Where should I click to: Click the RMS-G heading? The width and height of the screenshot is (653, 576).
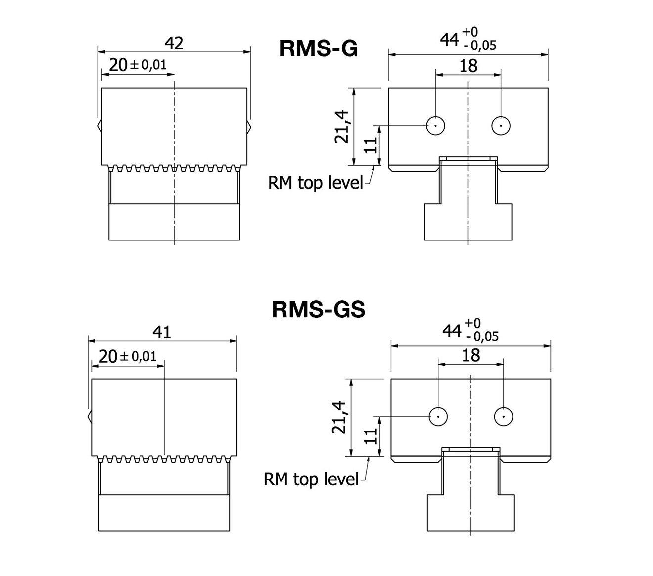click(x=318, y=49)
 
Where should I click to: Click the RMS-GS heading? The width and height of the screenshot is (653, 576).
click(x=318, y=310)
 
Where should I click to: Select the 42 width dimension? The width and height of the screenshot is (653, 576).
click(x=174, y=44)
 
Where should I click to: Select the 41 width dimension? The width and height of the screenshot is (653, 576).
click(x=162, y=332)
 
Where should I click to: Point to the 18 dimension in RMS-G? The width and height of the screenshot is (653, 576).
click(x=468, y=65)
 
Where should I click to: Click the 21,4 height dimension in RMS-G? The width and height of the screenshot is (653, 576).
click(x=342, y=126)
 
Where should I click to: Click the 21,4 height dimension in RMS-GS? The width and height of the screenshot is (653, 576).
click(x=340, y=417)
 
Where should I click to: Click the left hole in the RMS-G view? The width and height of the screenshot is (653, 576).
click(x=435, y=126)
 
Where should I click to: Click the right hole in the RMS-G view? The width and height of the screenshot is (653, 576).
click(x=501, y=126)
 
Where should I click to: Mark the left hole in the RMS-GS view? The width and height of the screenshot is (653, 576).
click(x=438, y=416)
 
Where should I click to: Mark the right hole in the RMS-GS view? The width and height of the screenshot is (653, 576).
click(x=503, y=416)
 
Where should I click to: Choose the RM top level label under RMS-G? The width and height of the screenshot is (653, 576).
click(x=315, y=183)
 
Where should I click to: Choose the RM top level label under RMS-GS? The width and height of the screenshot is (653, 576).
click(x=311, y=479)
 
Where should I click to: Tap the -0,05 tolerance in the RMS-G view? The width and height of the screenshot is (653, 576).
click(x=479, y=46)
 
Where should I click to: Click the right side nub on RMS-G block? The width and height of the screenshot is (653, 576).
click(x=249, y=126)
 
